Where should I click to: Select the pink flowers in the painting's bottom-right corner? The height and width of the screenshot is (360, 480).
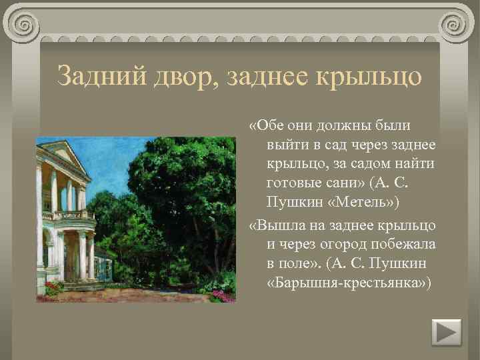(x=220, y=293)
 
